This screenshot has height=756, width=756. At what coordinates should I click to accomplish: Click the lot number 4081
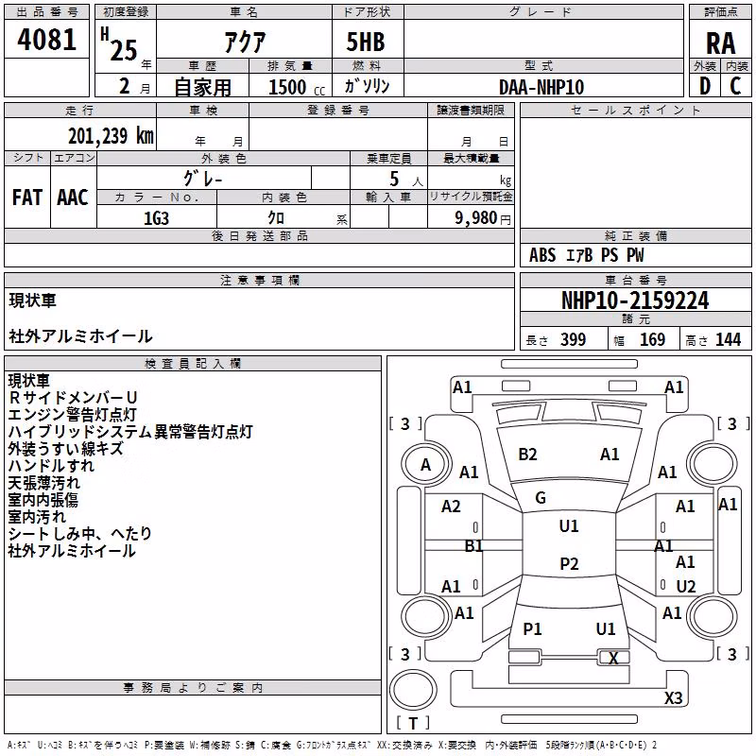pyautogui.click(x=46, y=40)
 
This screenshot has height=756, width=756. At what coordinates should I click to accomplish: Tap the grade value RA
pyautogui.click(x=720, y=43)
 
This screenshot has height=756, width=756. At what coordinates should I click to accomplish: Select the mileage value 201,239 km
pyautogui.click(x=111, y=136)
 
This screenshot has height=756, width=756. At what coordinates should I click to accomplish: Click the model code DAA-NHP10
pyautogui.click(x=541, y=87)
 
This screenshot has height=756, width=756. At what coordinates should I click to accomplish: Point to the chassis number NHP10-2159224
pyautogui.click(x=635, y=301)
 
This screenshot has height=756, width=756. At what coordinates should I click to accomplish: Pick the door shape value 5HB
pyautogui.click(x=366, y=42)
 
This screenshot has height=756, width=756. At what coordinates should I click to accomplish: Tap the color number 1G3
pyautogui.click(x=156, y=218)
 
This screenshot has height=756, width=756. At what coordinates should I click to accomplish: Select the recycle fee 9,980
pyautogui.click(x=476, y=218)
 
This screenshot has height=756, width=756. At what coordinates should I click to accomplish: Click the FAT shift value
pyautogui.click(x=27, y=198)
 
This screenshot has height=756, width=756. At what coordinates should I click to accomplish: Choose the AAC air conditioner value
pyautogui.click(x=73, y=198)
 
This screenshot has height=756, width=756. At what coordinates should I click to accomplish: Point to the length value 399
pyautogui.click(x=574, y=339)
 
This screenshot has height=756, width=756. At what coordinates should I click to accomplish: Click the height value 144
pyautogui.click(x=728, y=339)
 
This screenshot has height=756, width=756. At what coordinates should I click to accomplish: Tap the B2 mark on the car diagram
pyautogui.click(x=527, y=455)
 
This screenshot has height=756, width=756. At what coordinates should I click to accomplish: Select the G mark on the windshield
pyautogui.click(x=541, y=497)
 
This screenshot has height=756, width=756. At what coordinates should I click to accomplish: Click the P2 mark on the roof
pyautogui.click(x=569, y=563)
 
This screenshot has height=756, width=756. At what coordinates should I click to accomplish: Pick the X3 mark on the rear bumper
pyautogui.click(x=673, y=697)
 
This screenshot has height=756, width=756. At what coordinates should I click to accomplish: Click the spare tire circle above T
pyautogui.click(x=413, y=690)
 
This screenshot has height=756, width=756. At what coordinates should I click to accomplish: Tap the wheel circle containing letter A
pyautogui.click(x=426, y=465)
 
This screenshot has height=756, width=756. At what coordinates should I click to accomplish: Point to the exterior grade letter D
pyautogui.click(x=705, y=86)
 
